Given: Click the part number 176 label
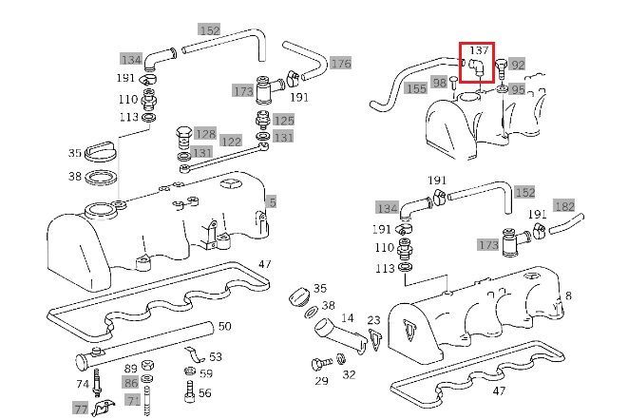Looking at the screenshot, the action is (x=341, y=64).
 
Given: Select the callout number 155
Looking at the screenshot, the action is (x=416, y=88).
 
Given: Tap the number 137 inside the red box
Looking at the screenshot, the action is (x=479, y=50).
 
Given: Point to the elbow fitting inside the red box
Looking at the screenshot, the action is (x=476, y=67).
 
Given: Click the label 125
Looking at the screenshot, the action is (x=283, y=120).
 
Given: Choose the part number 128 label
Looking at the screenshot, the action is (x=206, y=133).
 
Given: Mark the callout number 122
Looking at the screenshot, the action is (x=231, y=141).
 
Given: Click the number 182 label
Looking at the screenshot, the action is (x=564, y=206).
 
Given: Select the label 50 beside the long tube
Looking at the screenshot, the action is (x=224, y=326).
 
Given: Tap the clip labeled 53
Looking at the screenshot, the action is (x=196, y=354).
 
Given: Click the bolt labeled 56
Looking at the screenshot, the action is (x=190, y=391).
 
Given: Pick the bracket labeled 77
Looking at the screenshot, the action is (x=103, y=408).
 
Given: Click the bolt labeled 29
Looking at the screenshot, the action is (x=322, y=364).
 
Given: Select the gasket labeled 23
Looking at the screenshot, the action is (x=373, y=340).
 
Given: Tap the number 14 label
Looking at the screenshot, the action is (x=347, y=318).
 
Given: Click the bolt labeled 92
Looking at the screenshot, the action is (x=502, y=67).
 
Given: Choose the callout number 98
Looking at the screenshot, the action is (x=440, y=83).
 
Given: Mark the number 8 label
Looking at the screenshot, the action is (x=568, y=296).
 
